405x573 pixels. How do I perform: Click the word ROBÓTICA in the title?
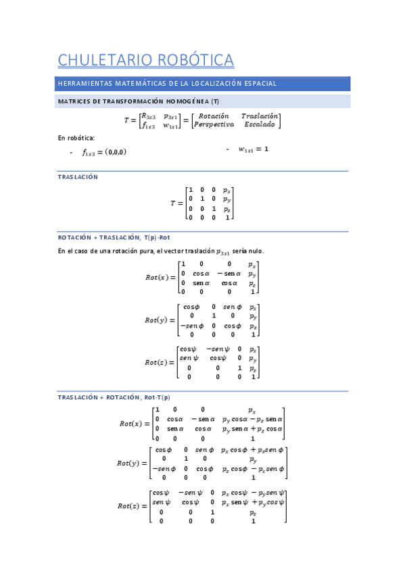pyautogui.click(x=195, y=60)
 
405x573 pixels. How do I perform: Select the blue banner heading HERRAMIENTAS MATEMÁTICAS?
pyautogui.click(x=167, y=84)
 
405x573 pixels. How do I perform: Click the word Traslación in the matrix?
pyautogui.click(x=260, y=116)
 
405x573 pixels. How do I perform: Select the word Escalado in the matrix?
pyautogui.click(x=260, y=125)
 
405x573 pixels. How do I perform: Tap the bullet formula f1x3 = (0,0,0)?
pyautogui.click(x=104, y=152)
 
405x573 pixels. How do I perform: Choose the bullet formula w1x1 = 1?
pyautogui.click(x=254, y=149)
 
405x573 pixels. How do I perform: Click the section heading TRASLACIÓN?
pyautogui.click(x=78, y=177)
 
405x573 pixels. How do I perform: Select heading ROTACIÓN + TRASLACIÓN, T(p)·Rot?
pyautogui.click(x=114, y=238)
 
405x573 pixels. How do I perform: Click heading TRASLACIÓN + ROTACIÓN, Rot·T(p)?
pyautogui.click(x=114, y=397)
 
